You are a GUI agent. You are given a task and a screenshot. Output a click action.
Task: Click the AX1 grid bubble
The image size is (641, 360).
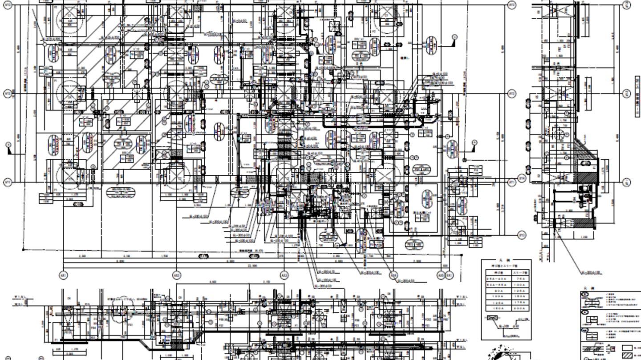point(63,275)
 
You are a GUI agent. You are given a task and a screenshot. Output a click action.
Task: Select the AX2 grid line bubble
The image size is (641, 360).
point(176,275)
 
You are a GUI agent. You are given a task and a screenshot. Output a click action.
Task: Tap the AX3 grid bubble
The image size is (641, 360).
point(284,275)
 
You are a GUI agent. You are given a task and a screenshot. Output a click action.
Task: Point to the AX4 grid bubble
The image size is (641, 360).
point(393,275)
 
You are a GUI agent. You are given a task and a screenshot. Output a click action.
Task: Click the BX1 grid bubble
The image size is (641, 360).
point(449,275)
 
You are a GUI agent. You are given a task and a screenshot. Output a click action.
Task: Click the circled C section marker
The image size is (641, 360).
point(454,36)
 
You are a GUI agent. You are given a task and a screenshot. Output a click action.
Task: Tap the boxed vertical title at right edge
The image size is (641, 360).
point(637,96)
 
